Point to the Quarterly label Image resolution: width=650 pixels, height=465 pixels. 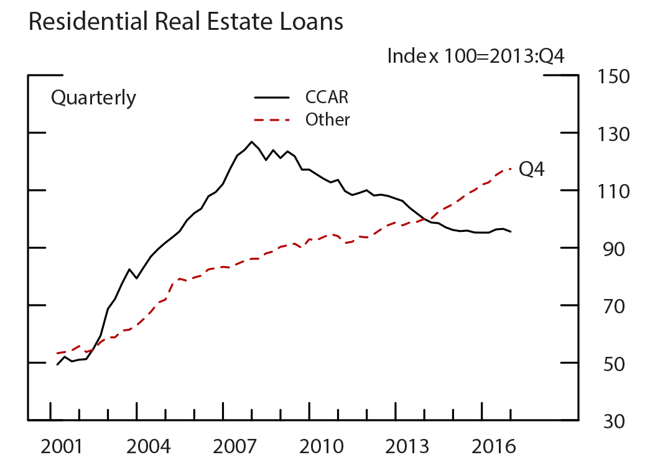(x=93, y=98)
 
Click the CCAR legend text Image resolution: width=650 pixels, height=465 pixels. (x=327, y=98)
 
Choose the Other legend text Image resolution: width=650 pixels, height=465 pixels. (x=328, y=119)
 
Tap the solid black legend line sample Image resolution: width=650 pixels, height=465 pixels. (x=272, y=98)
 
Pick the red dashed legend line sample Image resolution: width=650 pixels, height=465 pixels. (x=272, y=119)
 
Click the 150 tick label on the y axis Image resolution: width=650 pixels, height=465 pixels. (x=614, y=76)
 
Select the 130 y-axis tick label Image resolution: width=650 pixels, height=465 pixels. (x=614, y=134)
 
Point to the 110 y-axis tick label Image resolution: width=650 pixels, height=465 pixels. (x=614, y=191)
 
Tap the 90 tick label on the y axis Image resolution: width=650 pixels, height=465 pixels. (x=614, y=248)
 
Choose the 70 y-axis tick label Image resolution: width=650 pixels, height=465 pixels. (x=614, y=306)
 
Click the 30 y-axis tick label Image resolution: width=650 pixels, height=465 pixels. (x=614, y=421)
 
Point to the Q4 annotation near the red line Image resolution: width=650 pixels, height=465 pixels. (x=532, y=169)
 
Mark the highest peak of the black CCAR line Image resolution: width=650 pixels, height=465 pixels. (x=252, y=142)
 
